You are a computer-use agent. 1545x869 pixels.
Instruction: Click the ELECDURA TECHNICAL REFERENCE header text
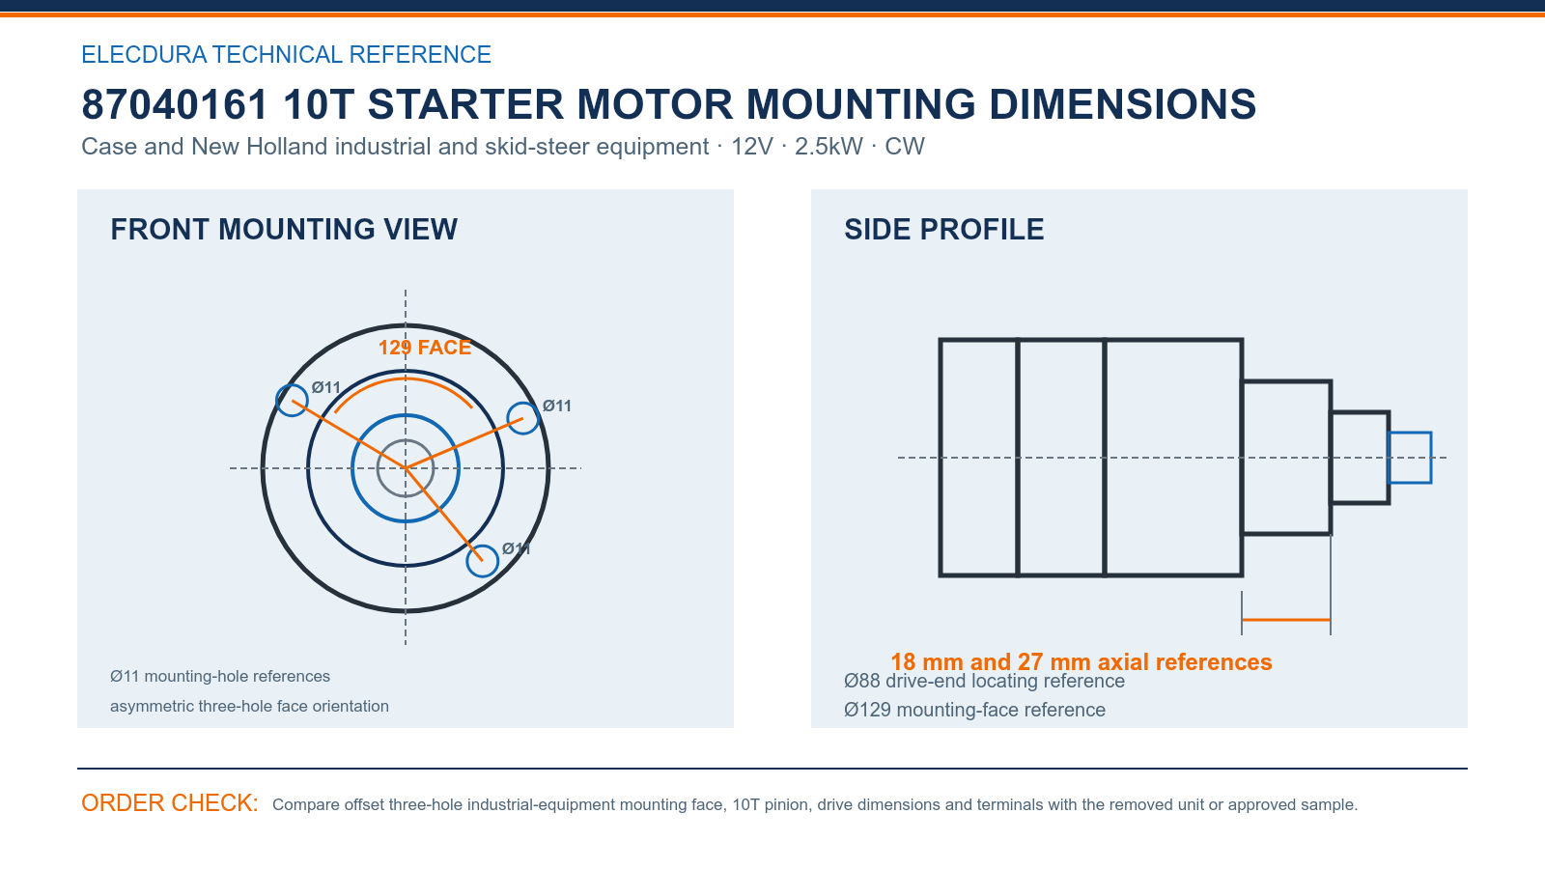point(286,54)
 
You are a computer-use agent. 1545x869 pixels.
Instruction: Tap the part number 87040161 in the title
point(175,105)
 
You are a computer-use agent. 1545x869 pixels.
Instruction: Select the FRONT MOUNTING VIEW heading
point(284,230)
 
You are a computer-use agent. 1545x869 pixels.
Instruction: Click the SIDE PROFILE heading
point(943,230)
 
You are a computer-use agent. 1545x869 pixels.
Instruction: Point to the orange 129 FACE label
point(425,347)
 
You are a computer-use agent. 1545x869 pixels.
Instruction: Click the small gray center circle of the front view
point(406,440)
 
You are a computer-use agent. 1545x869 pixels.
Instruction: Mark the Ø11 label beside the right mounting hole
point(556,406)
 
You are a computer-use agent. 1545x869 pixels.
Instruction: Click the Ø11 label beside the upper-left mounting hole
point(325,387)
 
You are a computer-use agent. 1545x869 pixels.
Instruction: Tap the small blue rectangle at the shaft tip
point(1410,433)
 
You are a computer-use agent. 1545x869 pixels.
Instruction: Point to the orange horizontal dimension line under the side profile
point(1285,620)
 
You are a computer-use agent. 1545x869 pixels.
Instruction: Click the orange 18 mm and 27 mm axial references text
point(1081,662)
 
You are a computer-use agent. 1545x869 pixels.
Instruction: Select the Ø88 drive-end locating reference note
point(984,682)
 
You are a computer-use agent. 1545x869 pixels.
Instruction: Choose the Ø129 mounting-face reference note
point(974,710)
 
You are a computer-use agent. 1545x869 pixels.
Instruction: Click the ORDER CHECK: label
point(170,802)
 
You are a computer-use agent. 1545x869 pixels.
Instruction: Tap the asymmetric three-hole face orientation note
point(250,706)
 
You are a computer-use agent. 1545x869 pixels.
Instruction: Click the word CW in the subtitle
point(904,146)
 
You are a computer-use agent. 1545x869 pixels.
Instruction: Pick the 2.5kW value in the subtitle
point(829,146)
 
